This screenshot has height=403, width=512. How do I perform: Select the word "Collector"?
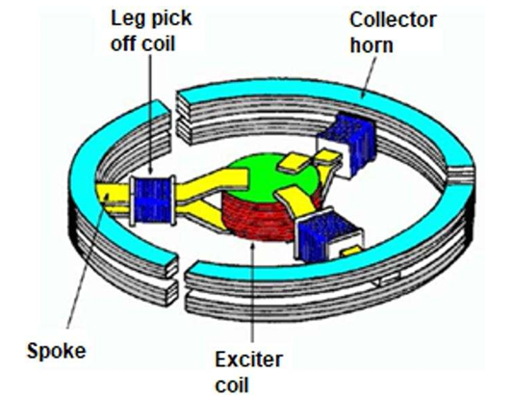[393, 20]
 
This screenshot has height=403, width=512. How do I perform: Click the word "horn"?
[371, 44]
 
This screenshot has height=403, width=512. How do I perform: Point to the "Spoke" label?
[56, 352]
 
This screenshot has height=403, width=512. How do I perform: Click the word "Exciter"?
[249, 360]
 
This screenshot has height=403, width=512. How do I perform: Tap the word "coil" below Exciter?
[232, 384]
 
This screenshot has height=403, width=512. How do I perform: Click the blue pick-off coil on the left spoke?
[152, 201]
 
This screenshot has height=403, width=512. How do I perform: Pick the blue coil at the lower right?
[323, 235]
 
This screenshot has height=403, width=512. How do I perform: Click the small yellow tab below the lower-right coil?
[350, 252]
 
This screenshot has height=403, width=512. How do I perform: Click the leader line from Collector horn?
[368, 77]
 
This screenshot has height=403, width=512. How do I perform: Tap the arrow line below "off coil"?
[150, 115]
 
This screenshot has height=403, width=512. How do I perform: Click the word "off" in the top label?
[124, 43]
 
